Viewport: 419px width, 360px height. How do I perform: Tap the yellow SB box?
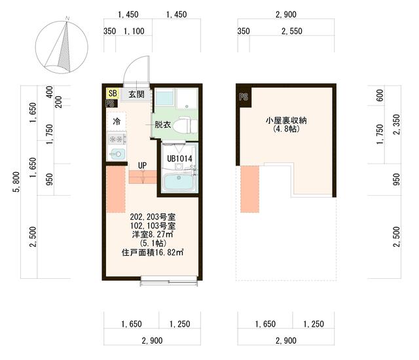click(112, 94)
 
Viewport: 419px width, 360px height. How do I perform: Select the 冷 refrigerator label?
click(117, 122)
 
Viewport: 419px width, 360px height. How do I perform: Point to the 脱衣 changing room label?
click(162, 124)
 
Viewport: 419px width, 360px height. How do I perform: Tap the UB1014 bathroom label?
click(179, 158)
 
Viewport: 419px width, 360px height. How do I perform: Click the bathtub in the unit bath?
click(179, 183)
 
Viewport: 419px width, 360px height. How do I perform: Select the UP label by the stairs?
click(141, 165)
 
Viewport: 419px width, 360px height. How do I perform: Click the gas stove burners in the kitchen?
click(117, 139)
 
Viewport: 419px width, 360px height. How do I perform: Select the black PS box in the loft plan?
click(244, 97)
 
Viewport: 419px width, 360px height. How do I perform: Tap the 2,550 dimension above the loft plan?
click(291, 31)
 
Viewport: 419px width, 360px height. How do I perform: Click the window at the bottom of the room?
click(169, 282)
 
